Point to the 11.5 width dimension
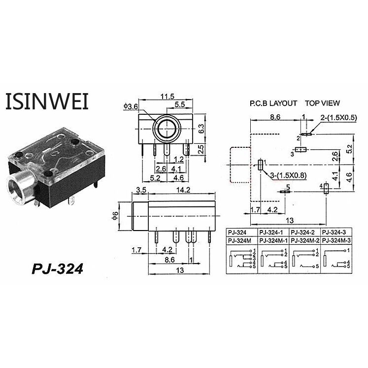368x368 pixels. tap(167, 97)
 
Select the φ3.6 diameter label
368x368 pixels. tap(130, 106)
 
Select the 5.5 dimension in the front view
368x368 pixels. tap(180, 104)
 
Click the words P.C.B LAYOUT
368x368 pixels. tap(273, 103)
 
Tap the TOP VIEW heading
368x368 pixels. tap(322, 103)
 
